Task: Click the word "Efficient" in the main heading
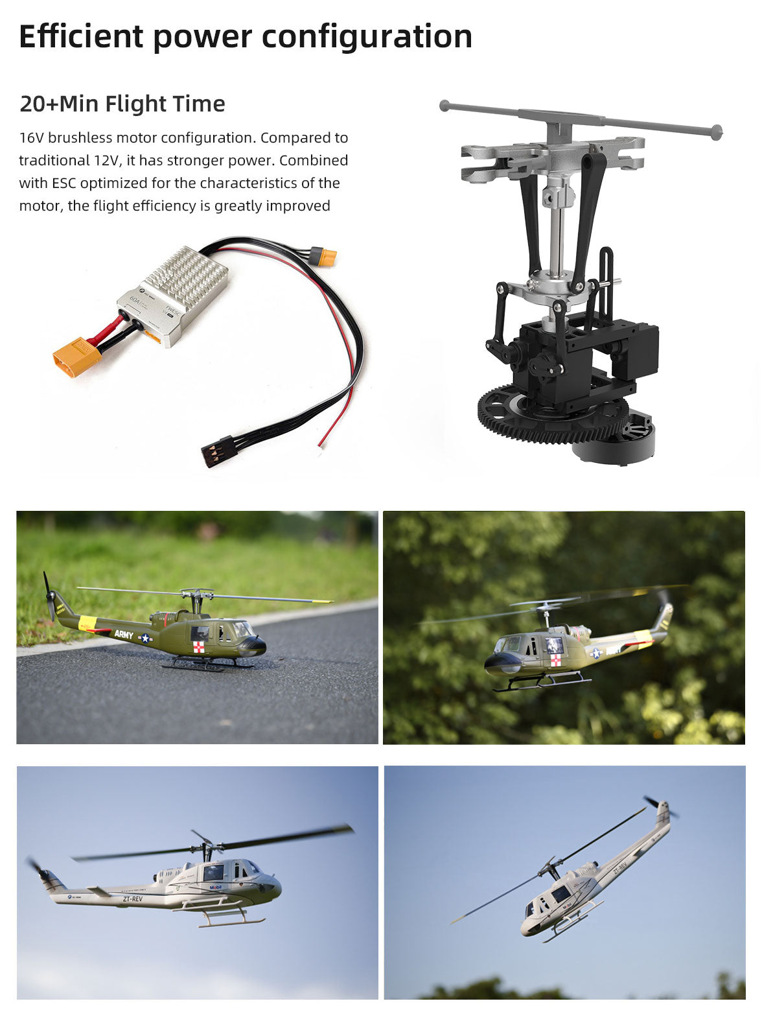pos(80,36)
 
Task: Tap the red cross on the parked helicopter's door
pos(199,646)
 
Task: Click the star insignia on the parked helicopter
pos(145,639)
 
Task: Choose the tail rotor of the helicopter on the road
pos(48,595)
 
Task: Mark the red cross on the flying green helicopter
pos(555,660)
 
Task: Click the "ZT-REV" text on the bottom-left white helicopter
pos(132,899)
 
